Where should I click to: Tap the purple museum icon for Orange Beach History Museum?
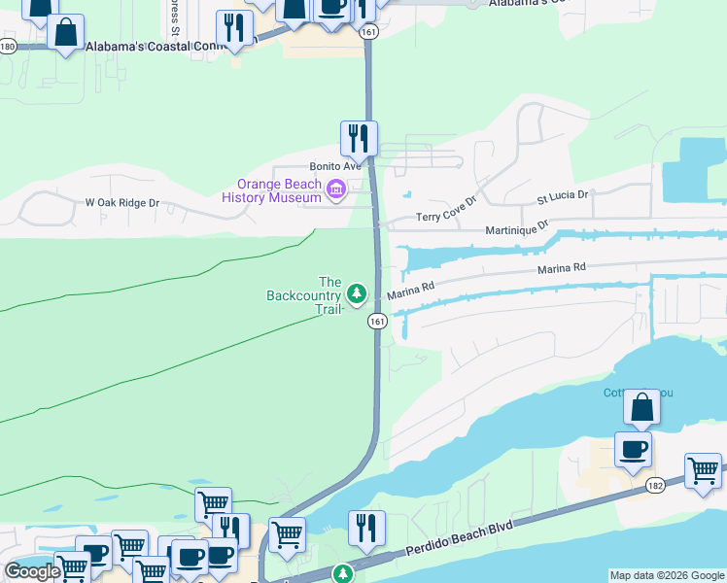click(336, 189)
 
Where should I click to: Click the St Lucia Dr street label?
click(563, 195)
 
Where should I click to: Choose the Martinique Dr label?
click(517, 228)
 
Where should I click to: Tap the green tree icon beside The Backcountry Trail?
click(357, 292)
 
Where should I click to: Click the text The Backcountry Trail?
click(304, 295)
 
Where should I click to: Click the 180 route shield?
click(8, 47)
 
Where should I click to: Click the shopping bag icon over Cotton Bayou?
click(641, 406)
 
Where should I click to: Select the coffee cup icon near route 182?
click(633, 449)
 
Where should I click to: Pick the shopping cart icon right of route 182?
click(702, 470)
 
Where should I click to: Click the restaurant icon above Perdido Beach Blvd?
click(366, 528)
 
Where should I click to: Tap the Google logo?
click(33, 571)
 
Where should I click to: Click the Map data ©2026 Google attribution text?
click(667, 575)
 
